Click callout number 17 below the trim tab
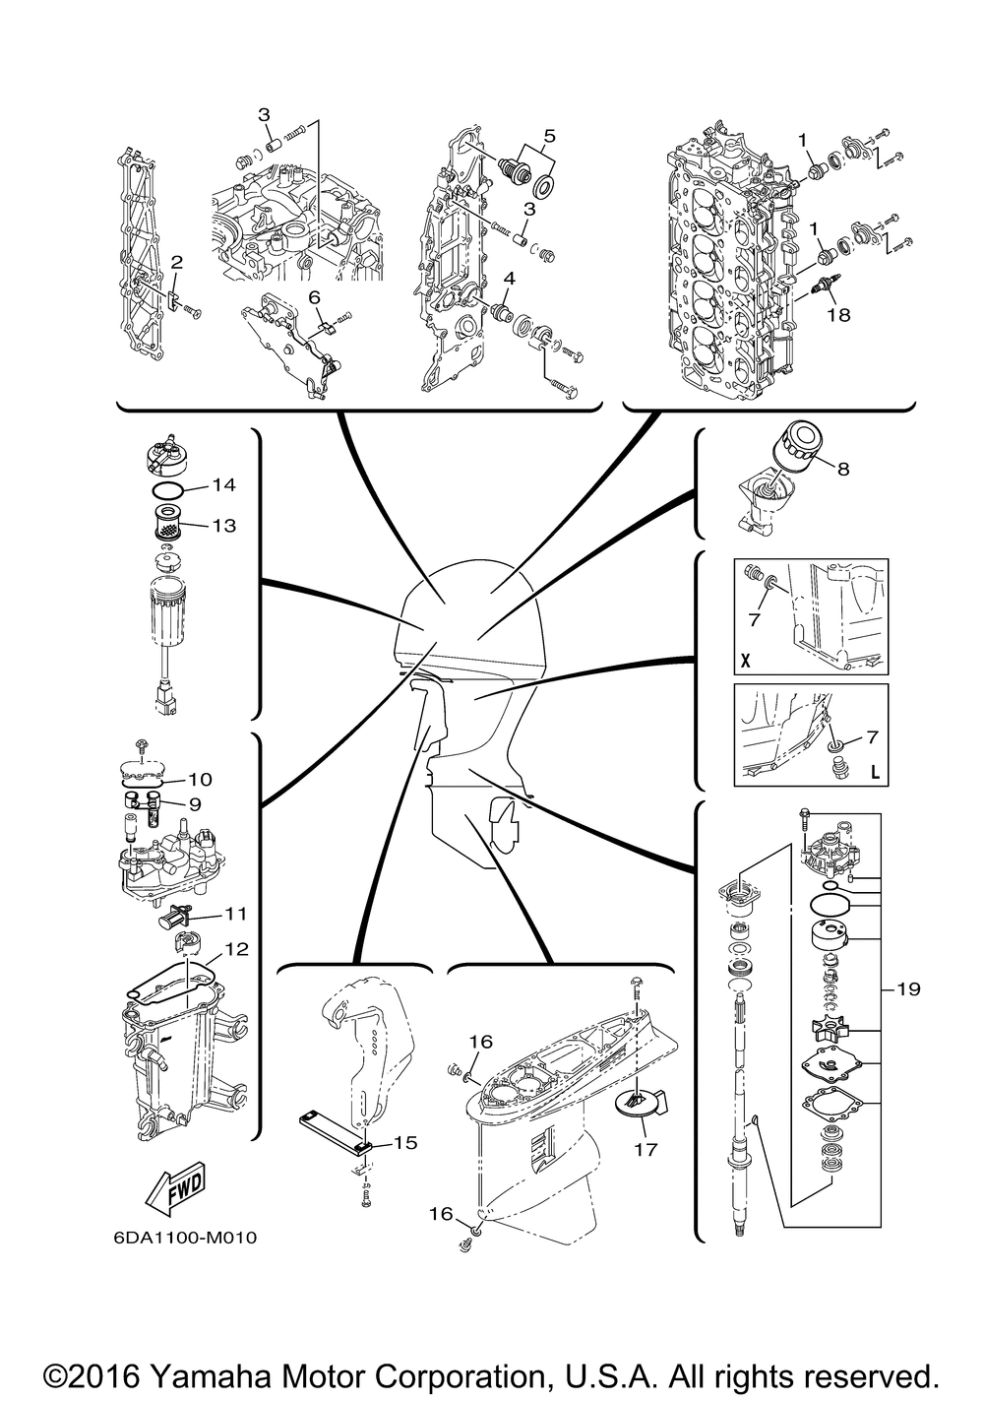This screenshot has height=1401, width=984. [646, 1148]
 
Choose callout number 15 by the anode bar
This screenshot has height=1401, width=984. [404, 1143]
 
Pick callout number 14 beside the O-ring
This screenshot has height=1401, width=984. [223, 484]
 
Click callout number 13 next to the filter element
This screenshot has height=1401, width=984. [223, 525]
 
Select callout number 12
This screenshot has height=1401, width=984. [236, 949]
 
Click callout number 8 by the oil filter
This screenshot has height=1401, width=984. [842, 470]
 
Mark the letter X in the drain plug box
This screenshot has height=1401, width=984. [745, 662]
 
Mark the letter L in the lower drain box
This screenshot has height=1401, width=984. [873, 769]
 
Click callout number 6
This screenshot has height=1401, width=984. [314, 295]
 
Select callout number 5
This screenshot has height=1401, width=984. [549, 133]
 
